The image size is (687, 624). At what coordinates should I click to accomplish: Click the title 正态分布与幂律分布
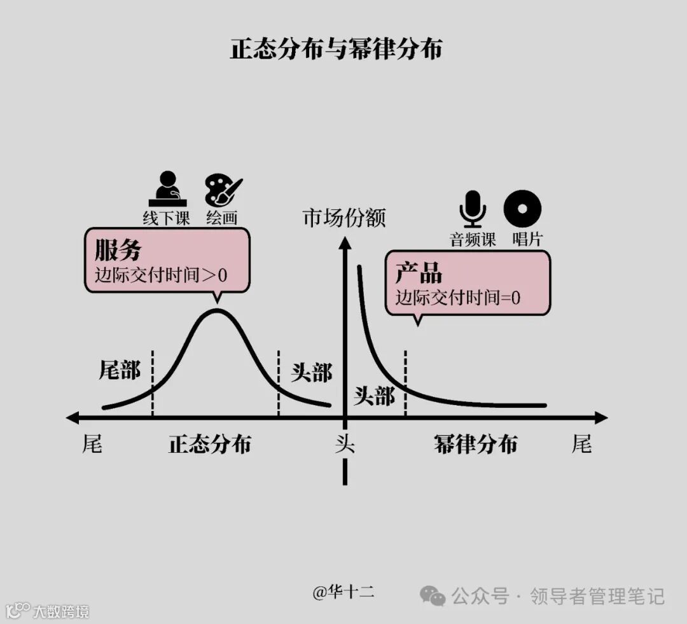tap(336, 50)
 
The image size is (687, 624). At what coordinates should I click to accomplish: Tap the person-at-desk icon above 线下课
tap(167, 188)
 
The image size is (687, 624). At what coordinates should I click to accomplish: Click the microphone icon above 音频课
tap(473, 208)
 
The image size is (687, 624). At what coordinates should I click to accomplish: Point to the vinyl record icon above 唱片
tap(522, 208)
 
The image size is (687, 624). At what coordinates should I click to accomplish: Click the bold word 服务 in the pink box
tap(118, 250)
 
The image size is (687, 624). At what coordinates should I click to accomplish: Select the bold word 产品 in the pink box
tap(419, 273)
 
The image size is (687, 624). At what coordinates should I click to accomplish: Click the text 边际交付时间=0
tap(458, 297)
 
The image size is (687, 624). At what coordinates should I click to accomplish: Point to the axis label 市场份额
tap(344, 218)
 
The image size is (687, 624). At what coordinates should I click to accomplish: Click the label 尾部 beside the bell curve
tap(120, 370)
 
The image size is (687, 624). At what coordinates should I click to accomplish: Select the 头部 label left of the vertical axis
tap(311, 373)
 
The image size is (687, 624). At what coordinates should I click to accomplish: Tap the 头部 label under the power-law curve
tap(374, 396)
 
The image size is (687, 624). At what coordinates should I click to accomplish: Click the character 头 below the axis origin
tap(344, 443)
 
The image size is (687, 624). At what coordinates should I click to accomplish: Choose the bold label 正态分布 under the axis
tap(209, 444)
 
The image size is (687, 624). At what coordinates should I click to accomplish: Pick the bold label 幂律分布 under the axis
tap(475, 444)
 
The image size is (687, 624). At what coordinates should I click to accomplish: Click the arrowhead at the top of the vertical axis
tap(345, 244)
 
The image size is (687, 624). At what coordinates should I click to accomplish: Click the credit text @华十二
tap(343, 592)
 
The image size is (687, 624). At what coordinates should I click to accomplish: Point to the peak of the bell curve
tap(217, 310)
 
